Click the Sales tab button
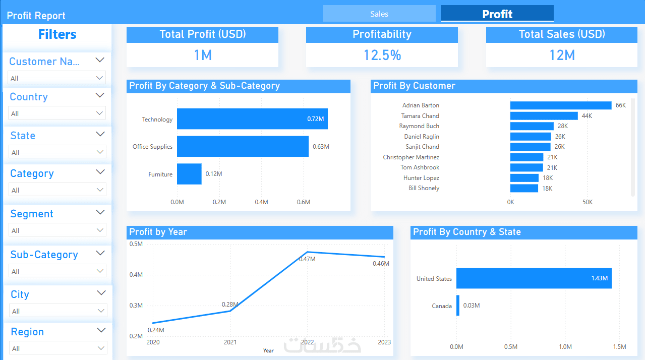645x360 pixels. point(379,14)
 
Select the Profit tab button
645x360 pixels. point(497,14)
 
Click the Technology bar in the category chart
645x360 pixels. point(252,118)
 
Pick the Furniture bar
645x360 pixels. point(189,174)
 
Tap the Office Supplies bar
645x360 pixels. point(243,146)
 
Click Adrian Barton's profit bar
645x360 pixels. point(561,105)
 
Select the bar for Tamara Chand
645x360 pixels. point(544,116)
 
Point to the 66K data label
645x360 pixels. point(620,105)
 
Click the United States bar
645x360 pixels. point(534,278)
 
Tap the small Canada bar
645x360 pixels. point(458,305)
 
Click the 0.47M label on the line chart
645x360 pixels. point(307,259)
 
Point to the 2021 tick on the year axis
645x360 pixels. point(230,342)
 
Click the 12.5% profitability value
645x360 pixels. point(382,55)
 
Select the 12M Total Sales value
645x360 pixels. point(562,55)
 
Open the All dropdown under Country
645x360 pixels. point(57,113)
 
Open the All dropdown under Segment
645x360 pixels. point(57,230)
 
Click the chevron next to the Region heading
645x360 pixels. point(101,330)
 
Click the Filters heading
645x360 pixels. point(57,34)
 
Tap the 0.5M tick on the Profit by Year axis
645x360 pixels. point(136,244)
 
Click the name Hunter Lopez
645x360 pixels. point(421,178)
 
